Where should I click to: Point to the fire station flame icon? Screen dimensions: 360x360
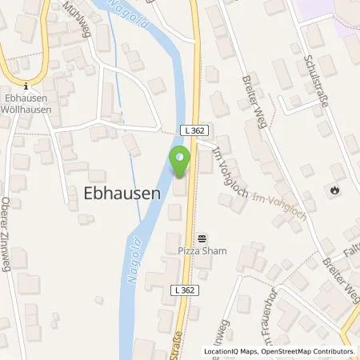pyautogui.click(x=333, y=190)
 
